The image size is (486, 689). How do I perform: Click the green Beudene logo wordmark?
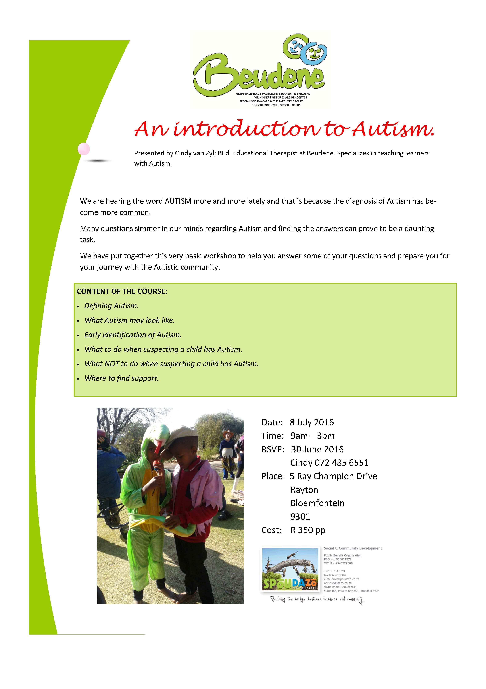258,76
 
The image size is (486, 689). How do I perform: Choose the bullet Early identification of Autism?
133,335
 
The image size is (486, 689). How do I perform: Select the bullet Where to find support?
121,378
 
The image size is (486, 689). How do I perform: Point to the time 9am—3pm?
312,436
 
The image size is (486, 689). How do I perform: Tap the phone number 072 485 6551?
342,463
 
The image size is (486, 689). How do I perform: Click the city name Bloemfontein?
317,503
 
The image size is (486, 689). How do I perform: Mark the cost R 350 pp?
308,530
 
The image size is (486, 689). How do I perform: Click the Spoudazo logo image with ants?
290,569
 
